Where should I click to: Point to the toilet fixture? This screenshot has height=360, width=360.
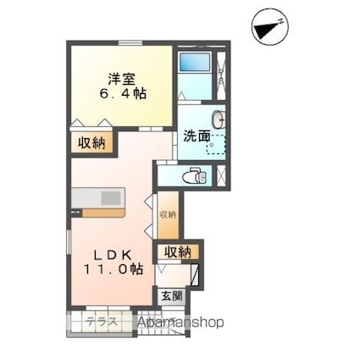click(x=195, y=175)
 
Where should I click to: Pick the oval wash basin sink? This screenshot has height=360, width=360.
click(x=219, y=119)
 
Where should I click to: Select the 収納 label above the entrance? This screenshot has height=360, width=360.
click(x=177, y=252)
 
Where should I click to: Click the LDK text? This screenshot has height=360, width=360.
click(x=111, y=253)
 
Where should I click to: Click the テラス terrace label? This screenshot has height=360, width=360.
click(x=101, y=322)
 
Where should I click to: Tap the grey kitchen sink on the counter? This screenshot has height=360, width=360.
click(x=112, y=197)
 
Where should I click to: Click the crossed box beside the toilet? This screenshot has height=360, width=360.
click(x=221, y=176)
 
